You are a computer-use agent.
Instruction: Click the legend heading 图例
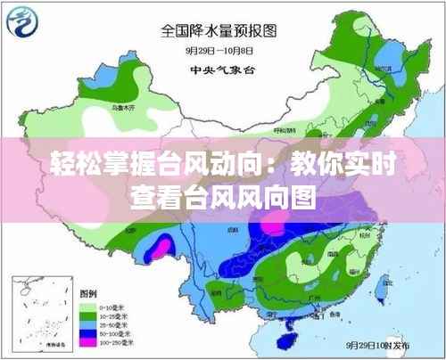[x=89, y=292]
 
